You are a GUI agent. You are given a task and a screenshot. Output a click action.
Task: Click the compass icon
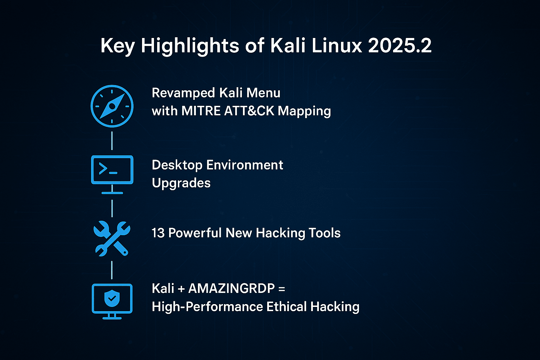point(112,106)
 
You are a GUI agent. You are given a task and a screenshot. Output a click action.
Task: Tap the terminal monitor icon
point(112,170)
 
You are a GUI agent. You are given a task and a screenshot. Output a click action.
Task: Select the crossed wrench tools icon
point(112,238)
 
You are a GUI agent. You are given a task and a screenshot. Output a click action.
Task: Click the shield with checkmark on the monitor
point(112,299)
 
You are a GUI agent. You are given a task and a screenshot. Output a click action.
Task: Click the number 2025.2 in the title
point(400,46)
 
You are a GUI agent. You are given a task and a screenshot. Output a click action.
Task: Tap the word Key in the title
point(117,46)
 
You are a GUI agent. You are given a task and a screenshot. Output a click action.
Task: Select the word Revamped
point(183,93)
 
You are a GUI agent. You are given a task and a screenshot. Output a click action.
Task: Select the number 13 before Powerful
point(158,233)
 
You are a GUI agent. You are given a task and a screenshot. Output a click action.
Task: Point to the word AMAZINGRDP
point(231,289)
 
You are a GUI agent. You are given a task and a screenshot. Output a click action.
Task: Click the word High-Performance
point(207,307)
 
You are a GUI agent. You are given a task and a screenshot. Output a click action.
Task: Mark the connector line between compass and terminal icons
point(112,141)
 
